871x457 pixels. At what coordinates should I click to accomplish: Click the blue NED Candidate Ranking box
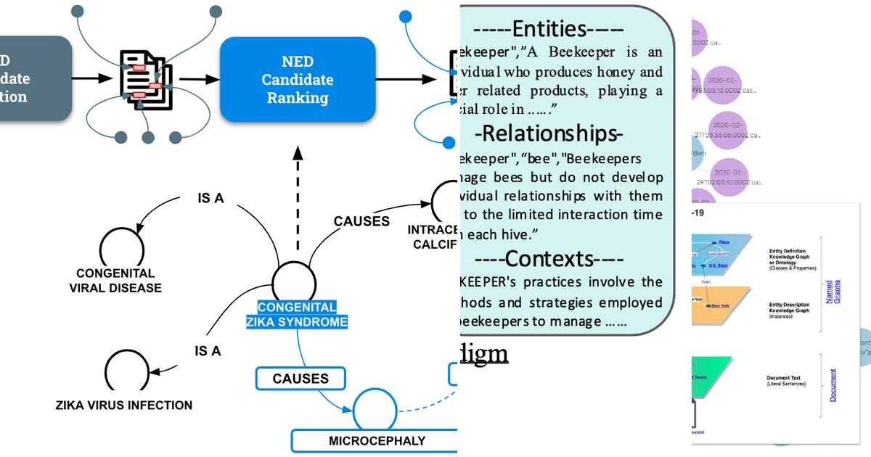coord(298,79)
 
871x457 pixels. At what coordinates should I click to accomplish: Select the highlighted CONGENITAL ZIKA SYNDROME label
coord(303,314)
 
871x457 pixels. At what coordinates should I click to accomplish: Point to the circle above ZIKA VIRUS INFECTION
coord(126,372)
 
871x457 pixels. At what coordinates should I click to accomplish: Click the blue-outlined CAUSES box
coord(300,378)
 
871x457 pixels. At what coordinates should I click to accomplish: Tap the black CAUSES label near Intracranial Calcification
coord(361,221)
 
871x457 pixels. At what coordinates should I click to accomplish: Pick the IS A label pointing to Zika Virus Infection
coord(208,351)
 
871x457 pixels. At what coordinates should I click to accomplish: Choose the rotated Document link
coord(833,385)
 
